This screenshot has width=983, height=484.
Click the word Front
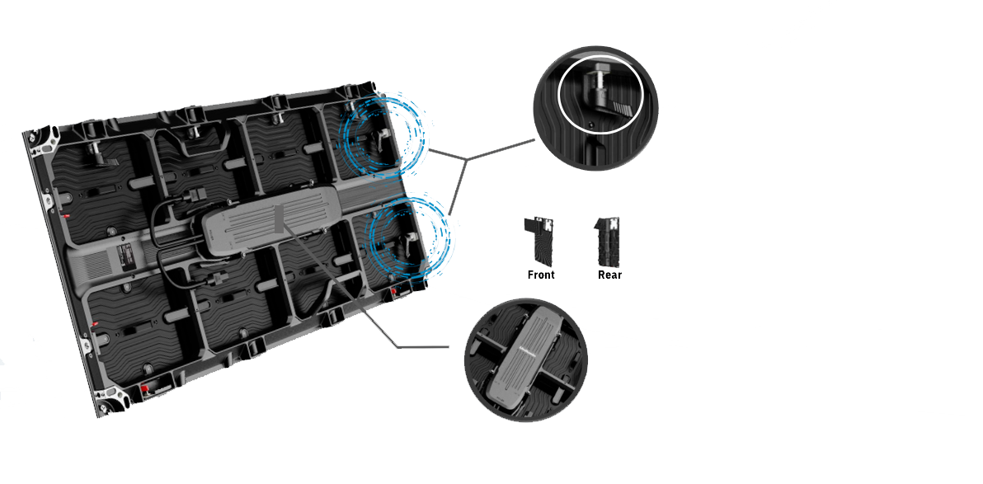(541, 275)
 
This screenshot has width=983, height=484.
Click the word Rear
(609, 275)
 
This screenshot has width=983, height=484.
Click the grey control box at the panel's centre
(270, 223)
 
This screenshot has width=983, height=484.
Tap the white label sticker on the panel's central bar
(125, 258)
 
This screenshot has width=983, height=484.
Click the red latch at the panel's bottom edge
(143, 388)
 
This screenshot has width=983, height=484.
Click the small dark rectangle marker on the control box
(279, 216)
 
